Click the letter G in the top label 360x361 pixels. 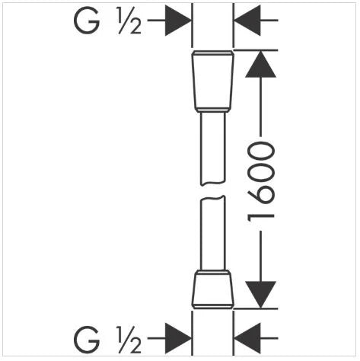click(87, 21)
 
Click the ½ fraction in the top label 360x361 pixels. click(129, 21)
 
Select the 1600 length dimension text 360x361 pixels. click(261, 185)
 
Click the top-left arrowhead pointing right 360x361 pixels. click(178, 21)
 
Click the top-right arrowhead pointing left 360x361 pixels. click(247, 21)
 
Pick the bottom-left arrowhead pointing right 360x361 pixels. click(178, 338)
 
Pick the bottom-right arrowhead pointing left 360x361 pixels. click(247, 338)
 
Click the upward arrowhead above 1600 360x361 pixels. click(260, 64)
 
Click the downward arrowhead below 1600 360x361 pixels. click(260, 294)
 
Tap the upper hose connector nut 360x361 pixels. click(212, 81)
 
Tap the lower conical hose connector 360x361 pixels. click(212, 290)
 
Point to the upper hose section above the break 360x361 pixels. click(213, 149)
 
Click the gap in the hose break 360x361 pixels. click(212, 191)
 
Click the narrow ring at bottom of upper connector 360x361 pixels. click(212, 110)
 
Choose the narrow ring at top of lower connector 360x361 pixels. click(212, 273)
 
